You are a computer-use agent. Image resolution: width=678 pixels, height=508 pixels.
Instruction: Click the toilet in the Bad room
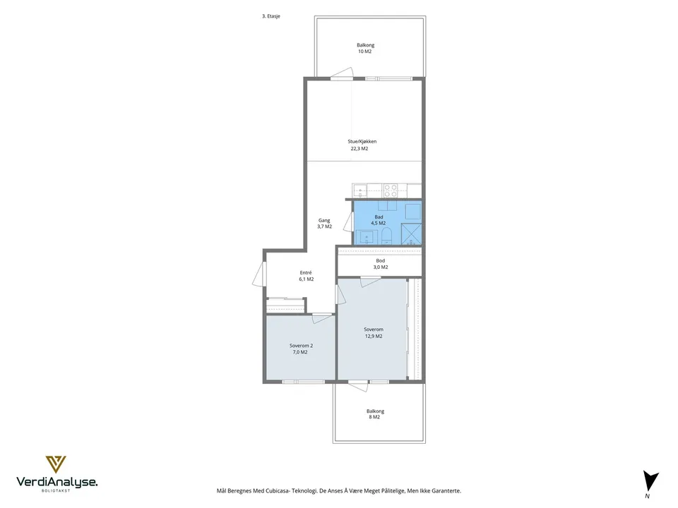(386, 237)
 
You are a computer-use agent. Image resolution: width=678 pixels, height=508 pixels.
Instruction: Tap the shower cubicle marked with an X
(411, 234)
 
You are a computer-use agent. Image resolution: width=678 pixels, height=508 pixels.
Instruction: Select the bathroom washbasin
(367, 237)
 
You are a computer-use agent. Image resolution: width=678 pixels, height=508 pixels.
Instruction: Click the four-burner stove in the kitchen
(391, 190)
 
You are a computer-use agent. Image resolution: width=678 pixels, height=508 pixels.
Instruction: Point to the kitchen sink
(359, 190)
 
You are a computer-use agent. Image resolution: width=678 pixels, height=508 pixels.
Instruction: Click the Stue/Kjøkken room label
(362, 141)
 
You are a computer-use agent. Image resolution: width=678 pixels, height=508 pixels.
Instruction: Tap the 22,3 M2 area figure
(359, 149)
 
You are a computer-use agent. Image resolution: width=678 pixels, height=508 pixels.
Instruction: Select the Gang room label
(324, 220)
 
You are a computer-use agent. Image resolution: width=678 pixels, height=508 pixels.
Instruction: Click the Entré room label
(306, 272)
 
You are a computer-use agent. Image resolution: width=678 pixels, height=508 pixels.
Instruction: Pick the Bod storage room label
(381, 260)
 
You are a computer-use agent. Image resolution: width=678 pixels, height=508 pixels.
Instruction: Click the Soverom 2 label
(301, 346)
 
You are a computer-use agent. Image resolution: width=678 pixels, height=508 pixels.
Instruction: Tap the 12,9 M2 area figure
(374, 336)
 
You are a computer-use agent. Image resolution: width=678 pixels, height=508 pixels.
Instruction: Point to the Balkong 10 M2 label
(365, 48)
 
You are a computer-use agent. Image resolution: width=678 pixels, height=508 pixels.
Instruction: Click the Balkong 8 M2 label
(375, 414)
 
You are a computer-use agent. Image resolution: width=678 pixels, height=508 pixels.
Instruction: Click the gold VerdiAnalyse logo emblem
(56, 464)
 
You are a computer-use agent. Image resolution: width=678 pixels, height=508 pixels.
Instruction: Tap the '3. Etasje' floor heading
(271, 16)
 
